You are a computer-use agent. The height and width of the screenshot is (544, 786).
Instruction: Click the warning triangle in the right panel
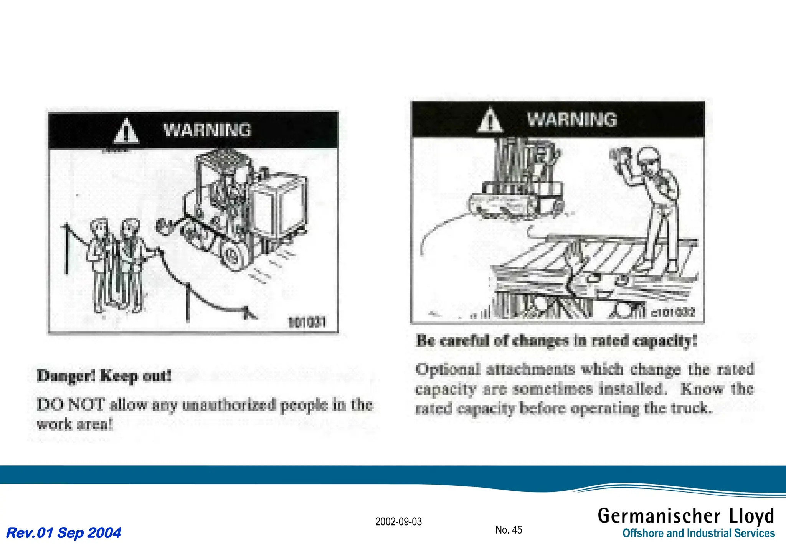click(490, 120)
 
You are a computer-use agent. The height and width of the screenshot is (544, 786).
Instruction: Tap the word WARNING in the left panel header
click(207, 130)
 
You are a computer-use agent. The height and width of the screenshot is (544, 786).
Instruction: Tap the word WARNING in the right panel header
click(571, 119)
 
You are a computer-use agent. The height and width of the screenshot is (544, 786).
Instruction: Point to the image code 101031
click(307, 321)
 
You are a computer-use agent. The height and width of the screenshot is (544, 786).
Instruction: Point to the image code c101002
click(673, 312)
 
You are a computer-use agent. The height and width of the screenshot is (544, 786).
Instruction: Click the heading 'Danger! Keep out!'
click(104, 376)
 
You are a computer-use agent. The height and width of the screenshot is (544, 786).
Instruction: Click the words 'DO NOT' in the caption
click(70, 405)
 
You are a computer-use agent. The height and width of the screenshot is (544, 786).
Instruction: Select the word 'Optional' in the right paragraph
click(447, 369)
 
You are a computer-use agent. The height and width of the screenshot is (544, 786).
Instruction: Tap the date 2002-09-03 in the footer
click(398, 522)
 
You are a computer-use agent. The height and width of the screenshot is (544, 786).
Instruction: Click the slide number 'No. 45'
click(509, 530)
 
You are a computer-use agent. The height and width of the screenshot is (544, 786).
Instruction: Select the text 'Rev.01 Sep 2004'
click(64, 532)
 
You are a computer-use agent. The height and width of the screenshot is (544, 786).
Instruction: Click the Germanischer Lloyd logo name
click(686, 516)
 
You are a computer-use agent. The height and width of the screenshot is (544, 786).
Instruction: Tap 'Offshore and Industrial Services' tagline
click(698, 533)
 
